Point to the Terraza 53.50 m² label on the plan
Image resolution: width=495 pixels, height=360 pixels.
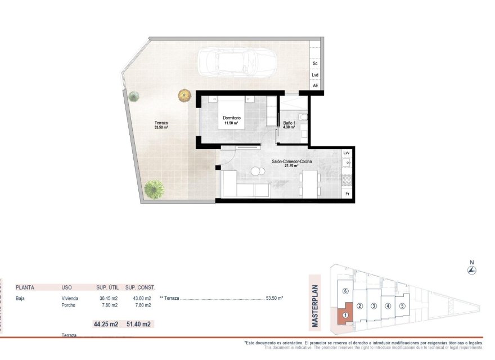[x=161, y=125]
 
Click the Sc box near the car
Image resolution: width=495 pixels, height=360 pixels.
[x=315, y=64]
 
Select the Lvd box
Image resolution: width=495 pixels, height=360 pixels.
[x=315, y=75]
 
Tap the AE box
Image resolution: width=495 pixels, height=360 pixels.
[x=315, y=85]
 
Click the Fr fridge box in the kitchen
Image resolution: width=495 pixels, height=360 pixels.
[x=347, y=193]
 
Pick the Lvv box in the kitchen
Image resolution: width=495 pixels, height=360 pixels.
[x=346, y=153]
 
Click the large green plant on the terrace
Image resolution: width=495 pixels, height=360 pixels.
[x=154, y=188]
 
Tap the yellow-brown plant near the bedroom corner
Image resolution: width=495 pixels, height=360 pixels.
[x=184, y=95]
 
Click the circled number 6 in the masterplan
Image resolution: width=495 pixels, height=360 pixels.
[x=346, y=291]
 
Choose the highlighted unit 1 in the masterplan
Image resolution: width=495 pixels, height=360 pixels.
[x=345, y=316]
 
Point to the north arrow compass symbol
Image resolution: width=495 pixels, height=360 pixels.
[x=472, y=271]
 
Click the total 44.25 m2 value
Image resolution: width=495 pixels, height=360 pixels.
[x=105, y=324]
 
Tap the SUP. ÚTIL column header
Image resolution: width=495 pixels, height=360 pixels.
[x=105, y=287]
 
